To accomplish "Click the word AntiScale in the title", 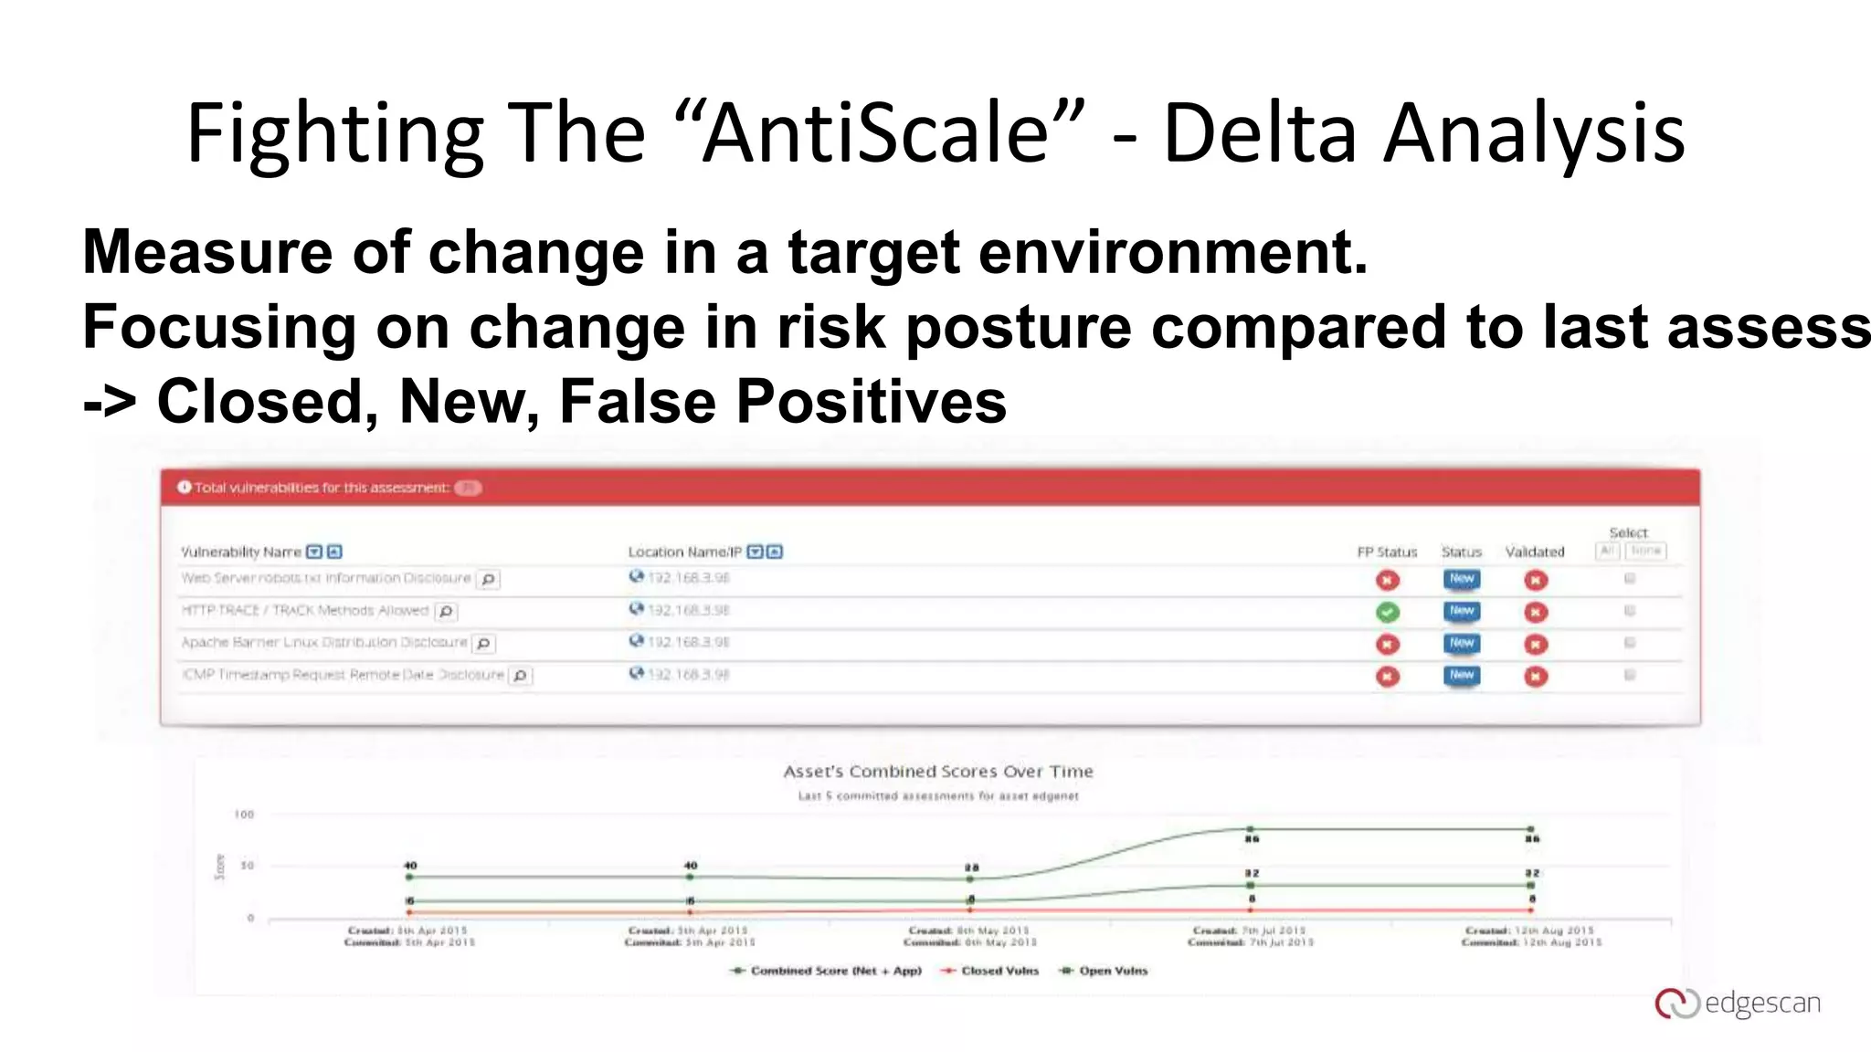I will tap(877, 133).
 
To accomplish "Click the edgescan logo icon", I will tap(1675, 1003).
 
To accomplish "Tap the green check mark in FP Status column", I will tap(1388, 612).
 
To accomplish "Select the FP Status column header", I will tap(1386, 552).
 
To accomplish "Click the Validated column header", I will tap(1534, 552).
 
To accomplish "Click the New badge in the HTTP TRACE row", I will tap(1462, 611).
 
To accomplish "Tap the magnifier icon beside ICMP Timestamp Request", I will tap(520, 676).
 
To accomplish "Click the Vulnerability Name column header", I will tap(241, 552).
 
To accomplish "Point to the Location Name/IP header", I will tap(684, 552).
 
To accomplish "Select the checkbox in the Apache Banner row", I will tap(1629, 643).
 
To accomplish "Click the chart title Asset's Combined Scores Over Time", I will tap(937, 772).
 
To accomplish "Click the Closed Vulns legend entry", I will tap(999, 971).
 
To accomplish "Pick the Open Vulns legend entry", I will tap(1112, 971).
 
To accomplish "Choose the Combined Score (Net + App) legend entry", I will tap(835, 971).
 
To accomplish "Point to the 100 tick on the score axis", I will tap(244, 815).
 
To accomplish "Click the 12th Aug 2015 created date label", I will tap(1529, 931).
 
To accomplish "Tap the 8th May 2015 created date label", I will tap(968, 931).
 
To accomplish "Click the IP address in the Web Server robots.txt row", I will tap(688, 578).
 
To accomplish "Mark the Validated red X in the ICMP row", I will tap(1536, 677).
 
